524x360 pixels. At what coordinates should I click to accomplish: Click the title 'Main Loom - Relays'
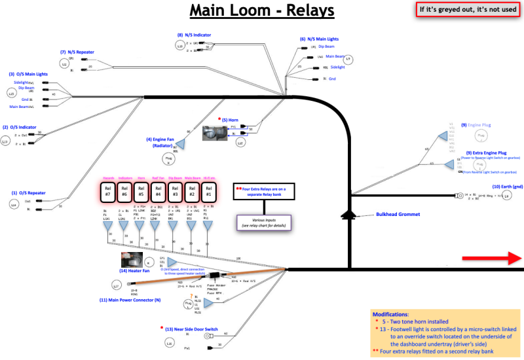[262, 11]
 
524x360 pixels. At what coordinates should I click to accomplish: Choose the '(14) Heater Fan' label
[134, 271]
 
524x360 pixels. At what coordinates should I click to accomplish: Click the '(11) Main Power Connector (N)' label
[130, 300]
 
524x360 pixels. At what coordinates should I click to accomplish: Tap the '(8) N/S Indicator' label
[193, 35]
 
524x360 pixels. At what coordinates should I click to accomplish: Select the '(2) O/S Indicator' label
[23, 127]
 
